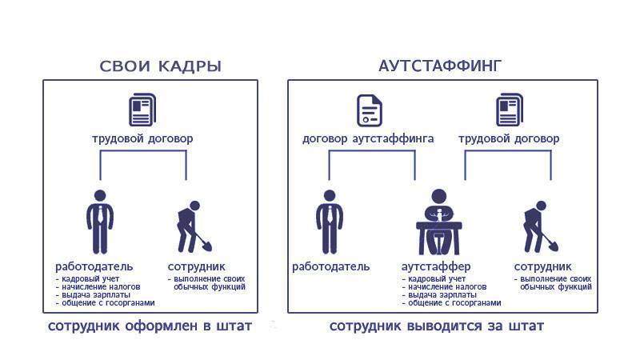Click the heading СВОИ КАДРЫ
pyautogui.click(x=161, y=66)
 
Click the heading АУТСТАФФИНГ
pyautogui.click(x=440, y=66)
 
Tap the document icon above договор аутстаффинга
pyautogui.click(x=370, y=110)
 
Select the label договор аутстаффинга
pyautogui.click(x=368, y=138)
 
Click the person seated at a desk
pyautogui.click(x=439, y=222)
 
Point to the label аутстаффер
pyautogui.click(x=436, y=266)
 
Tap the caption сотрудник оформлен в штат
pyautogui.click(x=150, y=326)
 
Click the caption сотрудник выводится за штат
pyautogui.click(x=437, y=326)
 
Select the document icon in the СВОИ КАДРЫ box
pyautogui.click(x=142, y=110)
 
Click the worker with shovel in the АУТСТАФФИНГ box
pyautogui.click(x=541, y=227)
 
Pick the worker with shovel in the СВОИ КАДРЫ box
pyautogui.click(x=194, y=227)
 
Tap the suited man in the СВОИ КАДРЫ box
pyautogui.click(x=100, y=222)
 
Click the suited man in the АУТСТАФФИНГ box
pyautogui.click(x=330, y=222)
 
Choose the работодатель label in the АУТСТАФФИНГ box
pyautogui.click(x=331, y=266)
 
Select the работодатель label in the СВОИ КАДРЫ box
pyautogui.click(x=94, y=266)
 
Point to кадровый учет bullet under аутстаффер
pyautogui.click(x=434, y=278)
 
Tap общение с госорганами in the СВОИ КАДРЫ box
pyautogui.click(x=106, y=303)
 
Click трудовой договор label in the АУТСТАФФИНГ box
pyautogui.click(x=509, y=138)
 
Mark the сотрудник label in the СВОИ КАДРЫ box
pyautogui.click(x=196, y=266)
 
